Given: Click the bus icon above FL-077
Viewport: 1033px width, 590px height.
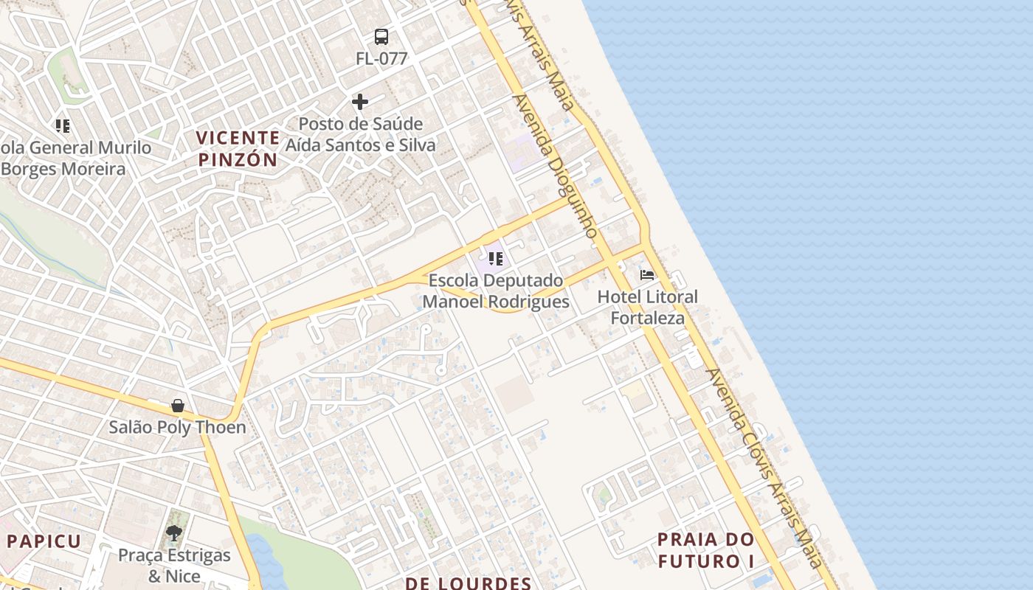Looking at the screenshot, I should tap(381, 37).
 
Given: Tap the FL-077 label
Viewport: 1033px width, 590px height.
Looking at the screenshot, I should tap(381, 59).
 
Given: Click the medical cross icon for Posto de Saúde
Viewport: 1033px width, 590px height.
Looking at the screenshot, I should tap(360, 102).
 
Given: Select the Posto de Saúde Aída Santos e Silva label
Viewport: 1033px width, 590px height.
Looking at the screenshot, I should tap(361, 134).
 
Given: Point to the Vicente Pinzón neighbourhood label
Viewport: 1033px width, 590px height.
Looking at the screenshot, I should tap(238, 148).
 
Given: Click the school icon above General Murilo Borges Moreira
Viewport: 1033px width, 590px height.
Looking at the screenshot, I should tap(63, 126).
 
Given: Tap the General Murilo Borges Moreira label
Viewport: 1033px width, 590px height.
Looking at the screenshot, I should tap(74, 159).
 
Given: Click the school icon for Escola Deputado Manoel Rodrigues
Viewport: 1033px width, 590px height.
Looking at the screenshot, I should tap(496, 259).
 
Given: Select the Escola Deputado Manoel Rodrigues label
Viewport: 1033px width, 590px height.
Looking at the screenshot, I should tap(496, 291).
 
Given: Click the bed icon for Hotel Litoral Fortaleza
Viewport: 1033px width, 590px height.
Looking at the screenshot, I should tap(647, 275).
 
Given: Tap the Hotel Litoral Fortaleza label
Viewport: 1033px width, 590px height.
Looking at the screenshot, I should tap(647, 308).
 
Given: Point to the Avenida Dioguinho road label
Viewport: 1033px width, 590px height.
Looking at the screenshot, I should tap(556, 166).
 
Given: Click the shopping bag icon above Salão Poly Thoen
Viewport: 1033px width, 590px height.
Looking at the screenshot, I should tap(178, 406).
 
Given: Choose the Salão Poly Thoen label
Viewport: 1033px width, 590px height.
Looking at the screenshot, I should tap(178, 427).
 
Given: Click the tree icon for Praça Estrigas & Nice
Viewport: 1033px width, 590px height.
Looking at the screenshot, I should tap(174, 532).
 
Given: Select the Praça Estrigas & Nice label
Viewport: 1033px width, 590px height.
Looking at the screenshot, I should tap(175, 566).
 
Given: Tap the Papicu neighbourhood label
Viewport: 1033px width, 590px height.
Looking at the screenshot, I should tap(44, 541).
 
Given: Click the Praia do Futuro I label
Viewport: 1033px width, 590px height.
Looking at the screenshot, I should tap(706, 550).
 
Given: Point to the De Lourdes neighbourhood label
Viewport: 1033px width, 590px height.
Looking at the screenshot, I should tap(468, 583).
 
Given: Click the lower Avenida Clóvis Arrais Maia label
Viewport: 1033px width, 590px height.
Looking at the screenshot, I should tap(764, 468).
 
